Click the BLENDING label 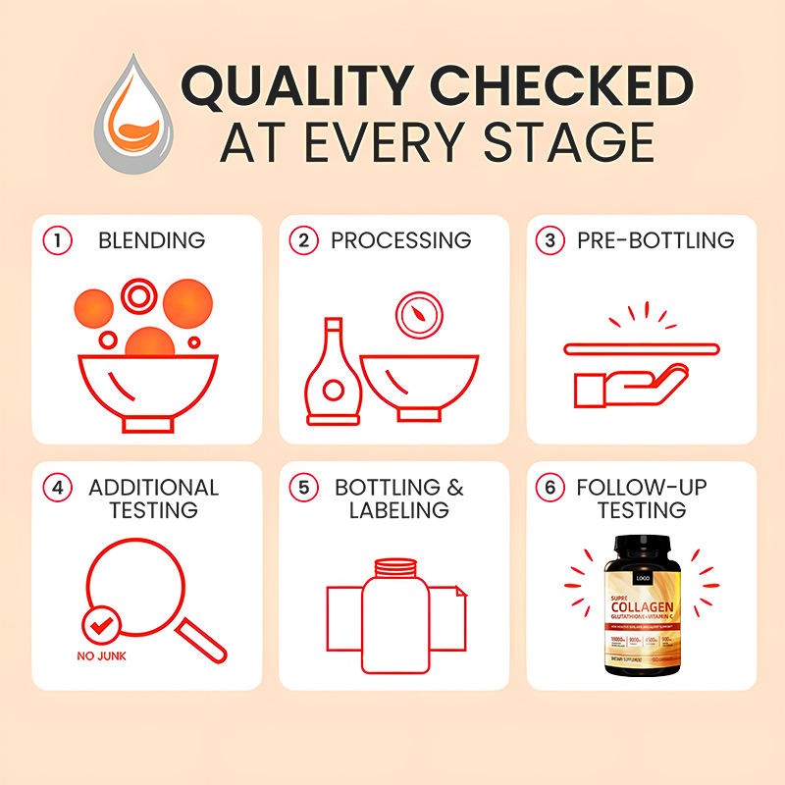(x=151, y=240)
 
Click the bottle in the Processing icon (x=334, y=378)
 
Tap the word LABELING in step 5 (x=398, y=510)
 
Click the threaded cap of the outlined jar (x=397, y=566)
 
